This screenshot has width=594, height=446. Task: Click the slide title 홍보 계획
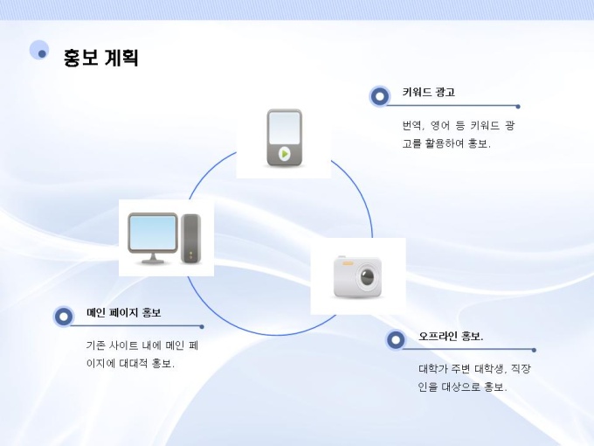pyautogui.click(x=101, y=59)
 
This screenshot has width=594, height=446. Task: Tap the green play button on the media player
pyautogui.click(x=284, y=153)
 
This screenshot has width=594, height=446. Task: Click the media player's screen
pyautogui.click(x=284, y=129)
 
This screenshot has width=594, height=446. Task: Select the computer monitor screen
pyautogui.click(x=152, y=233)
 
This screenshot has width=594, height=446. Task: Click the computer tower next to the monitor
pyautogui.click(x=190, y=238)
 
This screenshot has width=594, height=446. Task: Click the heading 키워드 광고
pyautogui.click(x=428, y=92)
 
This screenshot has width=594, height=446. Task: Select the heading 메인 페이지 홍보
pyautogui.click(x=123, y=313)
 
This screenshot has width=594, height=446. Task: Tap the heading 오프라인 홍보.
pyautogui.click(x=451, y=337)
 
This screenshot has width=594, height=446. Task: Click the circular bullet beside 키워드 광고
pyautogui.click(x=379, y=95)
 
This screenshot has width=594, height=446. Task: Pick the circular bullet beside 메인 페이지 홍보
pyautogui.click(x=63, y=316)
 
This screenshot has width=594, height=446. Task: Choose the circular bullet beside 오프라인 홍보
pyautogui.click(x=396, y=339)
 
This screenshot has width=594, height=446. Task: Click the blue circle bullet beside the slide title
pyautogui.click(x=40, y=52)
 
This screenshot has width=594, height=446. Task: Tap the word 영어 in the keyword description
pyautogui.click(x=439, y=126)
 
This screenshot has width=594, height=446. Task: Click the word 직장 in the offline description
pyautogui.click(x=520, y=369)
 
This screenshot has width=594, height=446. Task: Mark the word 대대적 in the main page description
pyautogui.click(x=134, y=363)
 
